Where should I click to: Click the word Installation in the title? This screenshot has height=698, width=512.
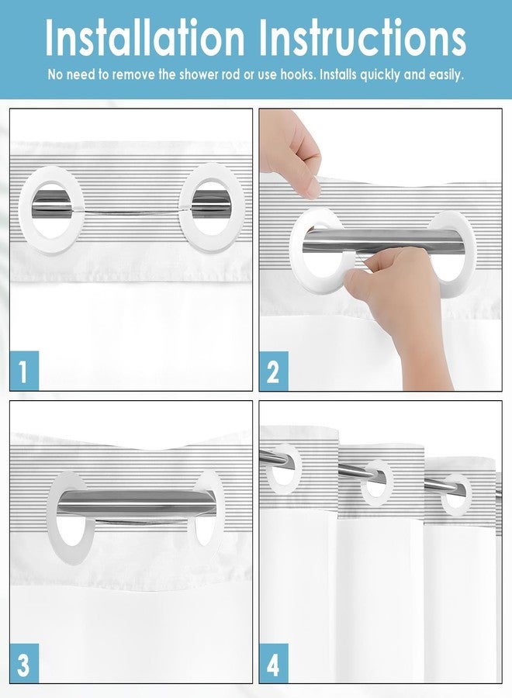pyautogui.click(x=145, y=38)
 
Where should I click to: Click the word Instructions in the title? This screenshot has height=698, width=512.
pyautogui.click(x=362, y=38)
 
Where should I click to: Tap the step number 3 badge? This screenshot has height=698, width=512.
pyautogui.click(x=24, y=663)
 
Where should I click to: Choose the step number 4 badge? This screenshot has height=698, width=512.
pyautogui.click(x=273, y=663)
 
